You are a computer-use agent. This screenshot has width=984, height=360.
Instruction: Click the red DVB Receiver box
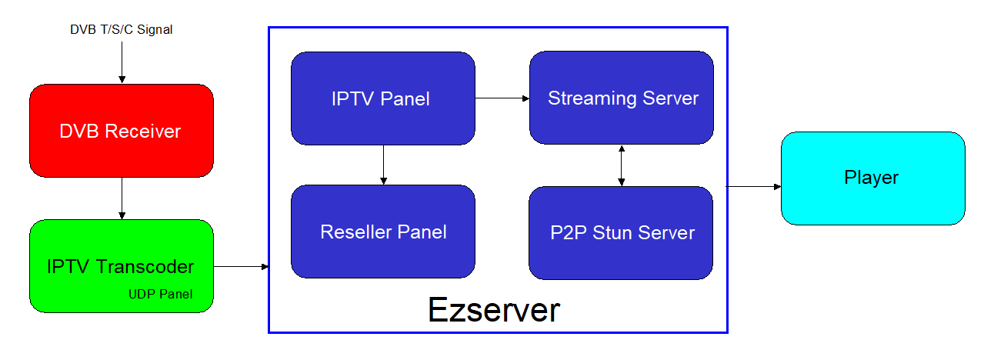pos(122,131)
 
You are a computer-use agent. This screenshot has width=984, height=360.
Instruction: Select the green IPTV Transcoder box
pos(122,266)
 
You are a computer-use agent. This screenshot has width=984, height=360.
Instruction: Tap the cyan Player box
pos(873,178)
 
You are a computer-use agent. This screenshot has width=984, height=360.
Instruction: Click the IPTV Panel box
pos(383,98)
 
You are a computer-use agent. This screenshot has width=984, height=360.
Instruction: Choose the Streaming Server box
pos(622,98)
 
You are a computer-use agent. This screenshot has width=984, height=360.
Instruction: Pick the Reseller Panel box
pos(383,232)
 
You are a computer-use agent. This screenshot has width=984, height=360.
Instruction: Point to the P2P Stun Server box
pos(621,232)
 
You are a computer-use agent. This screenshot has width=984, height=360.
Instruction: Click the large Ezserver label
pos(494,310)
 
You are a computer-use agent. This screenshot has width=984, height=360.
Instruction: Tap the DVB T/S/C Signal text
pos(122,29)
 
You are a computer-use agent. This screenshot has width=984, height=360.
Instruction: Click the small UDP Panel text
pos(160,294)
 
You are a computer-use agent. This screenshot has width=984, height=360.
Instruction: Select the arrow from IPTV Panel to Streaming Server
pos(502,98)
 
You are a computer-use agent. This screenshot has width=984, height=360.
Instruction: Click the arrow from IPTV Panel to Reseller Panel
pos(383,165)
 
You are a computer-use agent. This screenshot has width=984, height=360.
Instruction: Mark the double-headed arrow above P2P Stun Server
pos(621,165)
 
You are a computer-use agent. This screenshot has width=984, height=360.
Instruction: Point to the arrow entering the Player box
pos(753,187)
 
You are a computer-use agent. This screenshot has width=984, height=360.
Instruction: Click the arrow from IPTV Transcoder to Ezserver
pos(241,266)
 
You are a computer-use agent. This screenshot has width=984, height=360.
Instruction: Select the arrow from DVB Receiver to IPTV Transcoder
pos(122,198)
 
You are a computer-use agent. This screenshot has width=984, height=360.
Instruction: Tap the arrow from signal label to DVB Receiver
pos(122,62)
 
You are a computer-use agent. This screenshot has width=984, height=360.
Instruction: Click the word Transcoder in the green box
pos(145,266)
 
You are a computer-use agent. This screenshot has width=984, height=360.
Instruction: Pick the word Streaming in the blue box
pos(592,98)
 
